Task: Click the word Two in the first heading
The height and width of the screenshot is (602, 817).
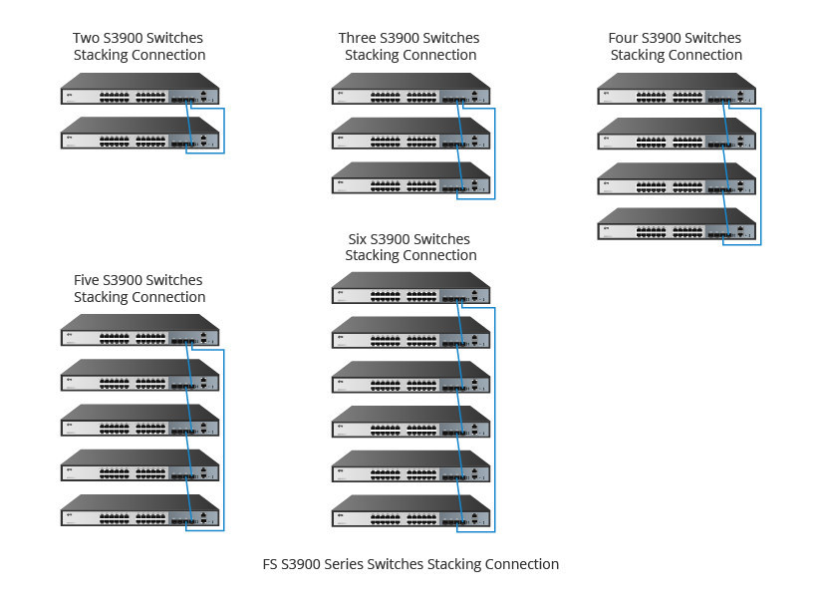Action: pyautogui.click(x=86, y=38)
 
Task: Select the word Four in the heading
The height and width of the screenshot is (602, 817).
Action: pyautogui.click(x=623, y=38)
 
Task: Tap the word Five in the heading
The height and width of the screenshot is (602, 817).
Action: pyautogui.click(x=87, y=280)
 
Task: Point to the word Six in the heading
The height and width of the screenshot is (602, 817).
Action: pyautogui.click(x=357, y=239)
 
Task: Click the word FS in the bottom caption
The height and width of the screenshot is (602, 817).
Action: pyautogui.click(x=270, y=564)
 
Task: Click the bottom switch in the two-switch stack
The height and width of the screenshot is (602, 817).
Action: pyautogui.click(x=140, y=133)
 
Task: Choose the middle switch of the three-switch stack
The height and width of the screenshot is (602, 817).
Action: pyautogui.click(x=411, y=134)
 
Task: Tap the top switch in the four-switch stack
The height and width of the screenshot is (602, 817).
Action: pyautogui.click(x=677, y=89)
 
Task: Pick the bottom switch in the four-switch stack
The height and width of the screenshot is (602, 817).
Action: pyautogui.click(x=677, y=223)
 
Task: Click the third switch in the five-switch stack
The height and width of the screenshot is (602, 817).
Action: pyautogui.click(x=140, y=420)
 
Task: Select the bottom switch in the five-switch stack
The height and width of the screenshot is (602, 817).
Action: pyautogui.click(x=140, y=510)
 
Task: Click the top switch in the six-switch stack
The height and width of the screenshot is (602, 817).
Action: pyautogui.click(x=411, y=288)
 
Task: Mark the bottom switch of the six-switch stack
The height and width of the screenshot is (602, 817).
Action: pyautogui.click(x=411, y=510)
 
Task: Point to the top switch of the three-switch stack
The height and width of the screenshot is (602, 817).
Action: pyautogui.click(x=411, y=89)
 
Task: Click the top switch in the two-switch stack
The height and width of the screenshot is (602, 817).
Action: pyautogui.click(x=140, y=89)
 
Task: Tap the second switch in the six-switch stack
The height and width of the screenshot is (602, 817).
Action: pyautogui.click(x=411, y=333)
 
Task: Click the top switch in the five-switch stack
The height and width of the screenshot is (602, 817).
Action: pyautogui.click(x=140, y=330)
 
